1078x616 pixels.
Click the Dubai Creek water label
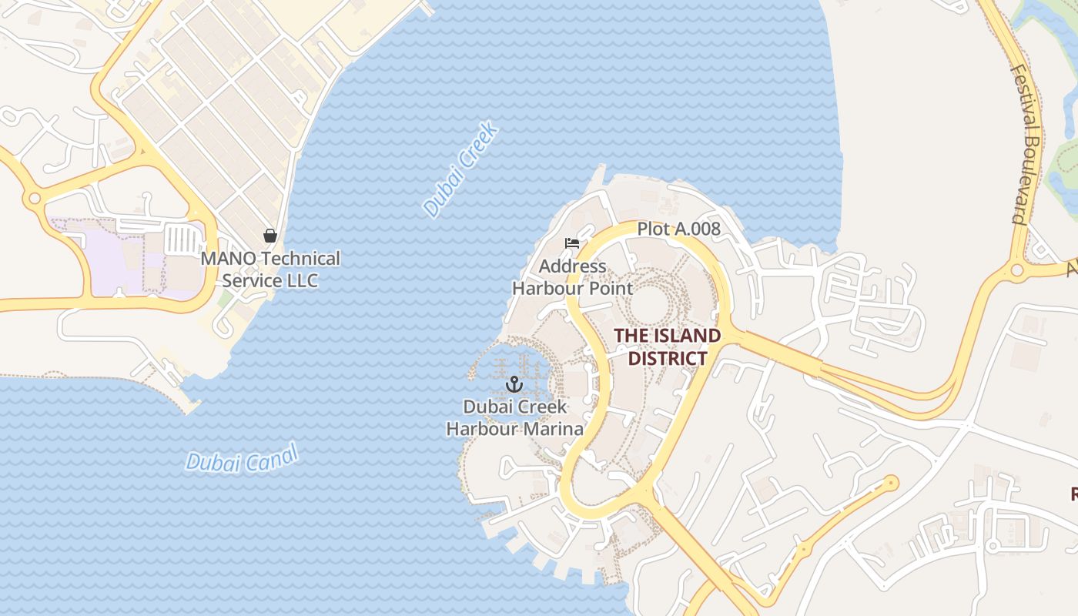click(460, 169)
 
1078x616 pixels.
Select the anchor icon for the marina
click(514, 383)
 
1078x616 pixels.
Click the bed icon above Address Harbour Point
click(572, 243)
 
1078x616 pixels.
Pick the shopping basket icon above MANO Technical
click(270, 236)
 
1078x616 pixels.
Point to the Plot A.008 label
click(678, 229)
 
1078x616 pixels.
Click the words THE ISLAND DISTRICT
click(667, 347)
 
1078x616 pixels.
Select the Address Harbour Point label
click(572, 277)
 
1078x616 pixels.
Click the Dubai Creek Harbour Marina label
click(514, 418)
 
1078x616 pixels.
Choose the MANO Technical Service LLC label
click(270, 269)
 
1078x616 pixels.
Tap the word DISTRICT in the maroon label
click(667, 358)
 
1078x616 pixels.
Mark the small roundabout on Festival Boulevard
click(1016, 270)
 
